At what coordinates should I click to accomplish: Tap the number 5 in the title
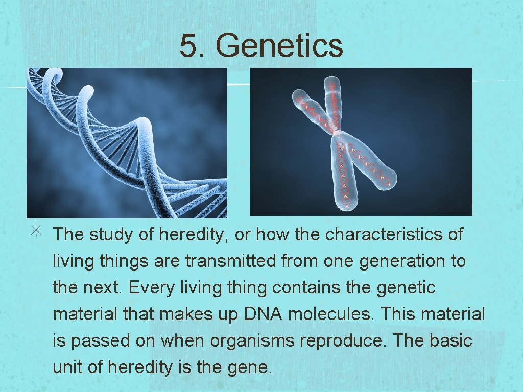point(188,45)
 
